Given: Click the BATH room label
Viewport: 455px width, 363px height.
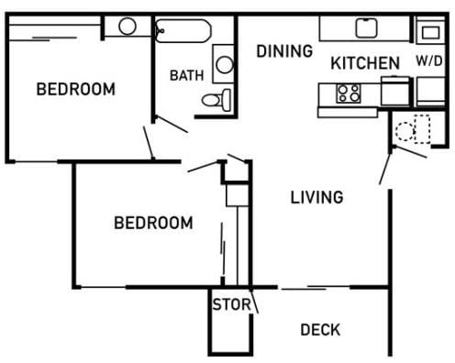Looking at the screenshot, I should pyautogui.click(x=186, y=75).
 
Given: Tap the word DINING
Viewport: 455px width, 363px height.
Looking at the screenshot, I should pyautogui.click(x=283, y=50).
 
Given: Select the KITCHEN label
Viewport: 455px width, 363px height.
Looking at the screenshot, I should pyautogui.click(x=364, y=63).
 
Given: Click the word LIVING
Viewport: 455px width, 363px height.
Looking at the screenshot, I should pyautogui.click(x=316, y=196).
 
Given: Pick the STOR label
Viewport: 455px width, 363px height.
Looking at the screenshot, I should pyautogui.click(x=230, y=304).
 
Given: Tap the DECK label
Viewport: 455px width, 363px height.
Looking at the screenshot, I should pyautogui.click(x=320, y=330).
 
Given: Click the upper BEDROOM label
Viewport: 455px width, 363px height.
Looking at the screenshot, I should pyautogui.click(x=75, y=89).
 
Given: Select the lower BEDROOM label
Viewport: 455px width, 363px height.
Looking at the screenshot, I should pyautogui.click(x=153, y=222).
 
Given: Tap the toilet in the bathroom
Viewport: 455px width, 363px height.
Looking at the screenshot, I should pyautogui.click(x=213, y=100).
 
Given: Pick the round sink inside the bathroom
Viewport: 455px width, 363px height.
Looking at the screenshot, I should pyautogui.click(x=224, y=64).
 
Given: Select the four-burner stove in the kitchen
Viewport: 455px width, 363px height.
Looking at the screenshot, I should pyautogui.click(x=349, y=92).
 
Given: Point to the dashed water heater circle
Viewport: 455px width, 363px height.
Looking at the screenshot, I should pyautogui.click(x=406, y=130).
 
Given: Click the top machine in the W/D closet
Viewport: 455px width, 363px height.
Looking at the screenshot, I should pyautogui.click(x=429, y=33).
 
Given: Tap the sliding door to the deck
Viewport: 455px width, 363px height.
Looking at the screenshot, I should pyautogui.click(x=316, y=288).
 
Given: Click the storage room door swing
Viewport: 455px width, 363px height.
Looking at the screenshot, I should pyautogui.click(x=254, y=301).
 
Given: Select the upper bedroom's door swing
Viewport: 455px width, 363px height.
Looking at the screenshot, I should pyautogui.click(x=150, y=140).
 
